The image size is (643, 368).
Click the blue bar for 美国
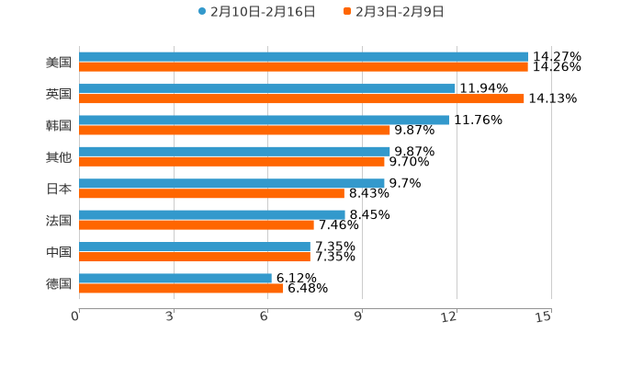303,57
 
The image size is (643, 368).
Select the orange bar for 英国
301,98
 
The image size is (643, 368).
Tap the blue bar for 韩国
264,120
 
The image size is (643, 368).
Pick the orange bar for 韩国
234,130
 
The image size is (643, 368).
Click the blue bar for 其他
234,151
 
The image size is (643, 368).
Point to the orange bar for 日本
211,193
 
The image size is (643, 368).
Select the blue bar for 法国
212,214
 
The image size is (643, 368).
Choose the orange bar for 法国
197,224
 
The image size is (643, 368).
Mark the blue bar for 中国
195,247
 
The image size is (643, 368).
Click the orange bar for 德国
181,288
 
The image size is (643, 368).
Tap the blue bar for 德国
175,278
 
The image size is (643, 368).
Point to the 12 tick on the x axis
450,316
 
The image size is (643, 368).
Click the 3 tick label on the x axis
170,316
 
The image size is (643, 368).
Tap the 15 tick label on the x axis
544,316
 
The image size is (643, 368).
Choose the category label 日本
59,189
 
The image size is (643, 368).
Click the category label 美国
59,63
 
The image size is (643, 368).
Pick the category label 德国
59,283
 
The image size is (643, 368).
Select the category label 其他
59,157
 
